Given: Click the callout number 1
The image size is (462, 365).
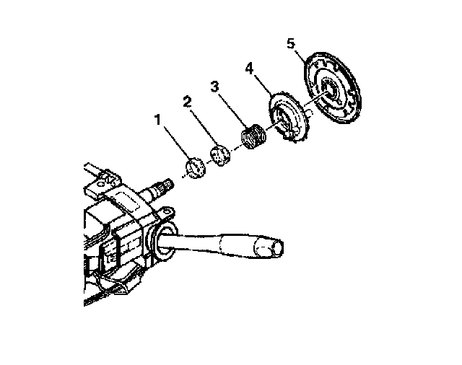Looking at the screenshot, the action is point(158,120).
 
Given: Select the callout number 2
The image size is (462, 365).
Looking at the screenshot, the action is point(187,102).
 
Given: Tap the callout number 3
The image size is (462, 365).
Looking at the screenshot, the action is point(215,87).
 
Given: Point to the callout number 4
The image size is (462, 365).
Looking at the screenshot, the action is point(249,69).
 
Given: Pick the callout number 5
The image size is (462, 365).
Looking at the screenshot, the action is point(290,44).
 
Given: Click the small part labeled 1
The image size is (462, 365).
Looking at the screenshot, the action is point(195,168).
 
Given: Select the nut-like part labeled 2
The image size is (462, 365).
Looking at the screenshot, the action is point(219,155).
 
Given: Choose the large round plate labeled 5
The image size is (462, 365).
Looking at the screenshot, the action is point(333,88).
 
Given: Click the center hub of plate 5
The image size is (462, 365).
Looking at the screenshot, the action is point(329,89).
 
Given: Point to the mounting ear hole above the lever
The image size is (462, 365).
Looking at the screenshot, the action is point(167,211).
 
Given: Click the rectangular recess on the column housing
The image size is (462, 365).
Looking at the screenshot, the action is point(128,200).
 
